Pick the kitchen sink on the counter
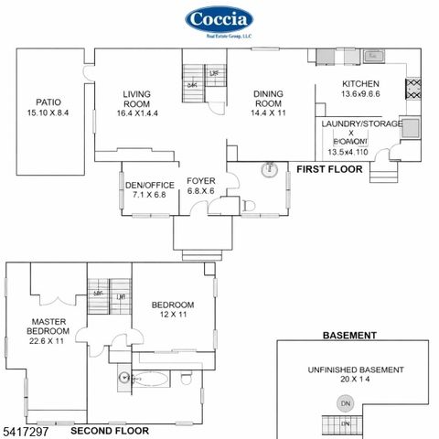373,58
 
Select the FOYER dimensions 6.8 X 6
200,191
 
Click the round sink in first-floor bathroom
270,169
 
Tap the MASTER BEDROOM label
47,327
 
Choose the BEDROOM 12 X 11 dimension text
173,315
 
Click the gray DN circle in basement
345,403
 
